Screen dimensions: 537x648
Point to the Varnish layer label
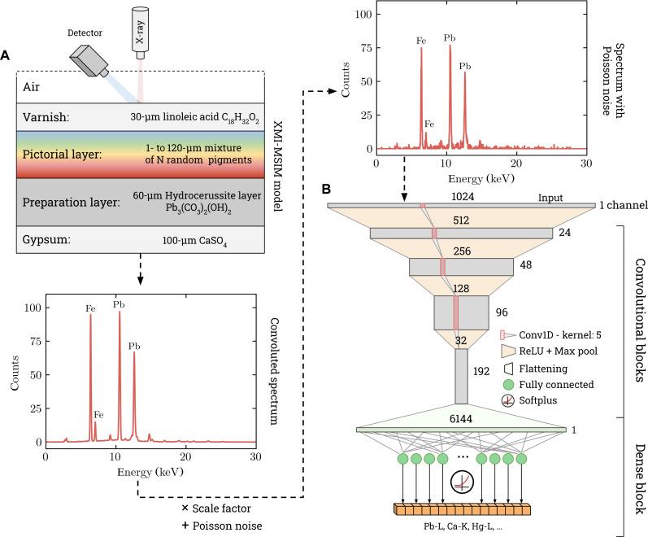pos(46,117)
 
